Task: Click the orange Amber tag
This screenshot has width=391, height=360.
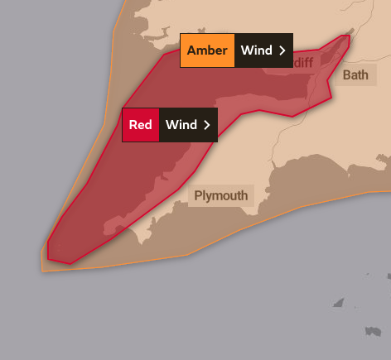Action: [207, 50]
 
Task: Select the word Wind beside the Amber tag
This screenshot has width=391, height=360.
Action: [257, 50]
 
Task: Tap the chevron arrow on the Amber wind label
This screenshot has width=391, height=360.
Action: [282, 50]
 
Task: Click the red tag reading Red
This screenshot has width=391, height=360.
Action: [140, 125]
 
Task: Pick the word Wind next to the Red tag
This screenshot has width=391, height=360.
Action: [181, 125]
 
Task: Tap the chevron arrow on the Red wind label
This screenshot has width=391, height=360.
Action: [207, 125]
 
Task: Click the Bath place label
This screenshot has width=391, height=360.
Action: [355, 75]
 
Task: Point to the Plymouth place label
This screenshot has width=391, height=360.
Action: [220, 196]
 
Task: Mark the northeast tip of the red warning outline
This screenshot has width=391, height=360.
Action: [349, 36]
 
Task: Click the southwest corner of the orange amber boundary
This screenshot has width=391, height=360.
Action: [42, 270]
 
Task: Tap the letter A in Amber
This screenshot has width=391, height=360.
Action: [191, 50]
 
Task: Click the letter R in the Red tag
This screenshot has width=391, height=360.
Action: [133, 125]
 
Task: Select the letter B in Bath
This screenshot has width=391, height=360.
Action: [346, 75]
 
